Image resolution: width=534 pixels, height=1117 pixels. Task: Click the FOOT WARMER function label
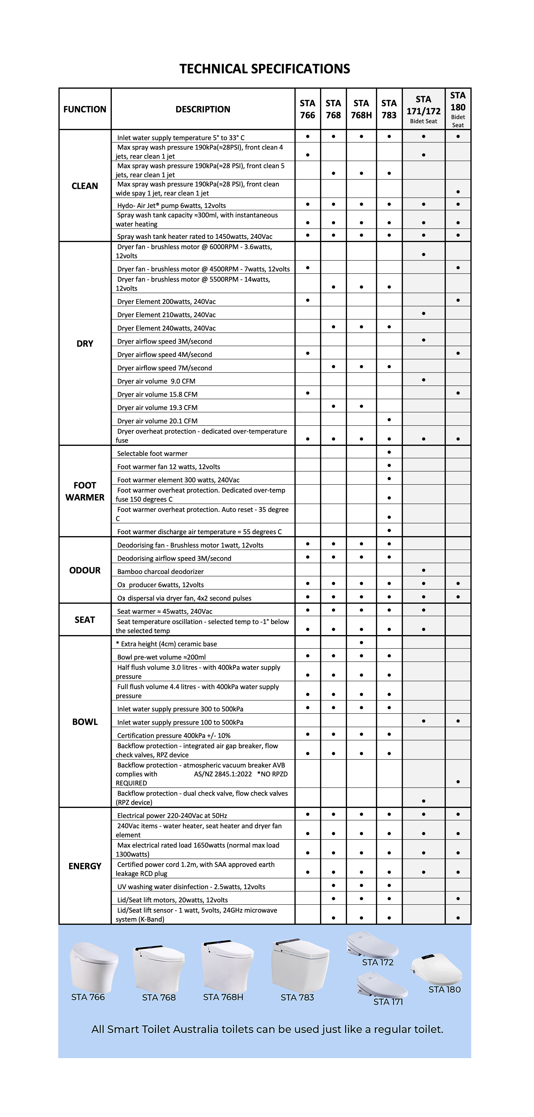pos(85,491)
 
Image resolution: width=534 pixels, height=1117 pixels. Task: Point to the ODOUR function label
pos(85,570)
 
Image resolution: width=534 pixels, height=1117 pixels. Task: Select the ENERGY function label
pos(85,866)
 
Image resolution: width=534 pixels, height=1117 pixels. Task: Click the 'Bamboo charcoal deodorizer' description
pos(160,571)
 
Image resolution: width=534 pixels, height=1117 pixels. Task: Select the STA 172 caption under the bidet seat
pos(378,962)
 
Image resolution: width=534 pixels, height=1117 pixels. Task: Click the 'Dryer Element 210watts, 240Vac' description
pos(166,315)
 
